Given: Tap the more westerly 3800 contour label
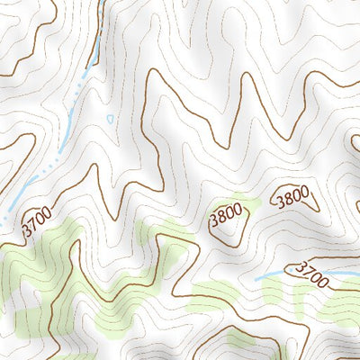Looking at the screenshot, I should coord(225,217).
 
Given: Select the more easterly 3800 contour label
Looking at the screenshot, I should coord(292,196).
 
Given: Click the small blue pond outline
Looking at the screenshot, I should coord(110,118).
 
